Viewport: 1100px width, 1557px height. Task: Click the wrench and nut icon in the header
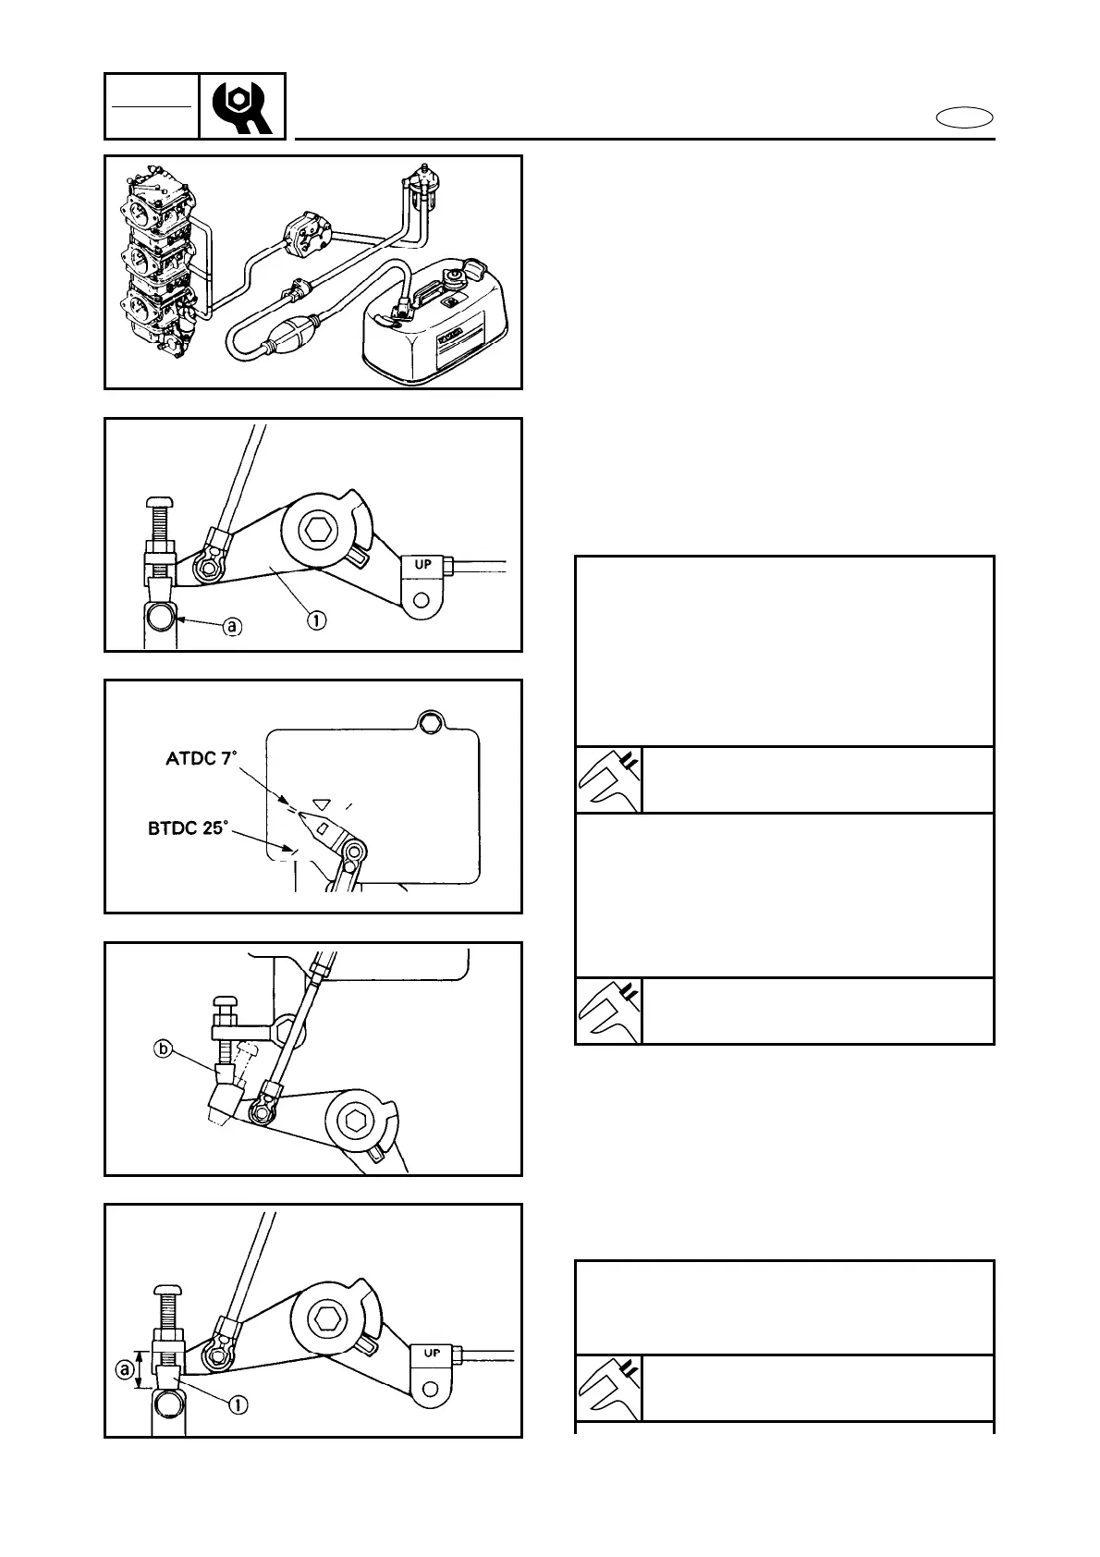(x=242, y=106)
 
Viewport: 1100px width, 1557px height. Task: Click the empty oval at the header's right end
(x=964, y=117)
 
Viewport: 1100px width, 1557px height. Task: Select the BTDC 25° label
(x=187, y=828)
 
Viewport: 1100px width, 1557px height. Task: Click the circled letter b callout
(x=163, y=1049)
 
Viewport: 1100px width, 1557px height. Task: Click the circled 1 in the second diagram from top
(x=316, y=620)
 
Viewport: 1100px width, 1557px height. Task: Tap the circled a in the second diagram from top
(x=232, y=626)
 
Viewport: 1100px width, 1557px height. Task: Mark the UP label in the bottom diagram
(x=432, y=1353)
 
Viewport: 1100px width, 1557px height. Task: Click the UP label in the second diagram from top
(x=423, y=563)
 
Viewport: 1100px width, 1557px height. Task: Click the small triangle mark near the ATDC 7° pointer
(x=321, y=778)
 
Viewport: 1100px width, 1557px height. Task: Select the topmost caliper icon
(x=608, y=780)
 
